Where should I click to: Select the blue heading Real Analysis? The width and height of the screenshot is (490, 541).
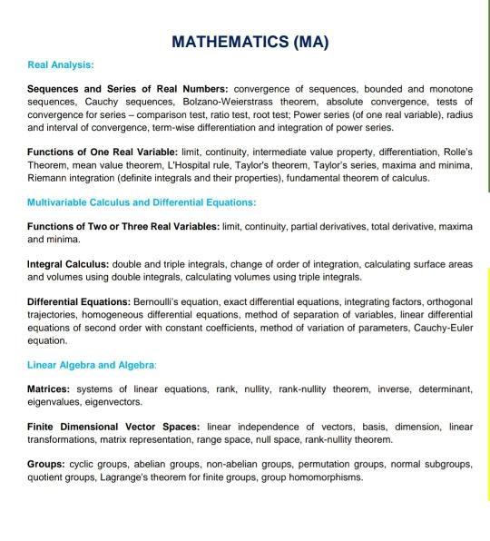61,65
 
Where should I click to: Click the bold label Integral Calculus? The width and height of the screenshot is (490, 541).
67,264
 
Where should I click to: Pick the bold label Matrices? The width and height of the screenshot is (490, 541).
54,389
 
